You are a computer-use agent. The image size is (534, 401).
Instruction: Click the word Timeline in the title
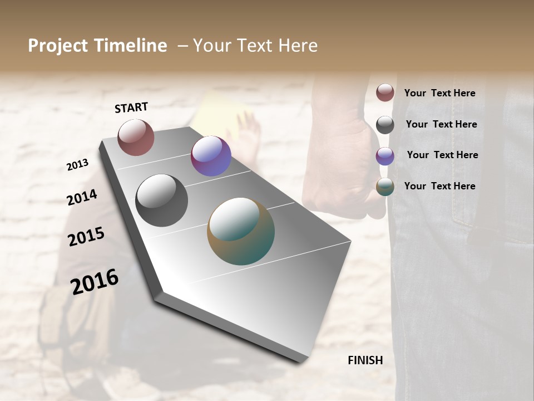click(131, 46)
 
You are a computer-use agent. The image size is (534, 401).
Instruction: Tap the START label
click(131, 107)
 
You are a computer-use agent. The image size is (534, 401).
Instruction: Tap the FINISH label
click(365, 360)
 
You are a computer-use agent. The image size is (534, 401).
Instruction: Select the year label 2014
click(82, 197)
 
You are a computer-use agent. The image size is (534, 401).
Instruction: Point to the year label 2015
click(86, 237)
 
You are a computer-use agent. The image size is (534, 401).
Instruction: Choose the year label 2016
click(95, 281)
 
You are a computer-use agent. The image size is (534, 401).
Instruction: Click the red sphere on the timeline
click(136, 137)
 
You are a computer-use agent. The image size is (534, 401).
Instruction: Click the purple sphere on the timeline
click(211, 156)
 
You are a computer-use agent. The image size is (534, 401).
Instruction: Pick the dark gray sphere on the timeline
click(162, 200)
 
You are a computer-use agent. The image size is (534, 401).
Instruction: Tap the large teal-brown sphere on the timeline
click(241, 231)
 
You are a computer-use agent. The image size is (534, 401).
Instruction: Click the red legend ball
click(385, 92)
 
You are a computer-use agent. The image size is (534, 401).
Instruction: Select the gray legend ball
click(385, 125)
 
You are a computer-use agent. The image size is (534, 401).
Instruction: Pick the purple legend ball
click(385, 156)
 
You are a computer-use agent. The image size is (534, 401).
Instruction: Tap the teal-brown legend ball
click(385, 187)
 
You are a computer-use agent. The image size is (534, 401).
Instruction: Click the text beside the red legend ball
click(439, 94)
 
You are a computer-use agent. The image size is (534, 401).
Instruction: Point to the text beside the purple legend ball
click(442, 155)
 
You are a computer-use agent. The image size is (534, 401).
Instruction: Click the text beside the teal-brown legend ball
click(439, 186)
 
